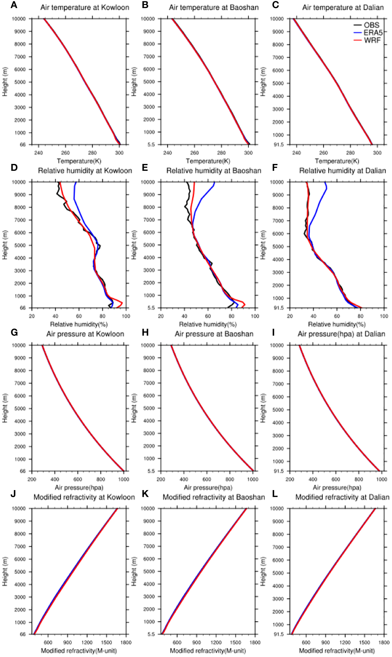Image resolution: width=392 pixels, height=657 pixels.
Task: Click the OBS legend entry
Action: click(371, 25)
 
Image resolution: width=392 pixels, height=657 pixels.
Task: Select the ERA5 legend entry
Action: click(373, 33)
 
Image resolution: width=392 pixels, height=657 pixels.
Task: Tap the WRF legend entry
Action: click(372, 41)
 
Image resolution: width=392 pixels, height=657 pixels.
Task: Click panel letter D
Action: click(14, 168)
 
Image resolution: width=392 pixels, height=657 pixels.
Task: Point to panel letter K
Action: click(145, 494)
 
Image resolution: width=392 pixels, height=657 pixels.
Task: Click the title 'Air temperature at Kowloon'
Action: click(85, 7)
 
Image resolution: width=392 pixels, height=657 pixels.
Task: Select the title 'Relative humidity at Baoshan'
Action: click(214, 171)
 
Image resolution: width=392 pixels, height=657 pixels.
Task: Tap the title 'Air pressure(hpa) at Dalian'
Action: click(341, 334)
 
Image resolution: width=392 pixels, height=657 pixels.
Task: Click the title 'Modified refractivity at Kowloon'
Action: click(84, 497)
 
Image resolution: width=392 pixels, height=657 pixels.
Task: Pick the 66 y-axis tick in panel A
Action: click(23, 145)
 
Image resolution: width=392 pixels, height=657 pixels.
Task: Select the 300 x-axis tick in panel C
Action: click(377, 153)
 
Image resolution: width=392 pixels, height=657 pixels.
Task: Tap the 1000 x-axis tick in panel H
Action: click(253, 479)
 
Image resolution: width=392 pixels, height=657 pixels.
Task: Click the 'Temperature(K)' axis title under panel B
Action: click(208, 161)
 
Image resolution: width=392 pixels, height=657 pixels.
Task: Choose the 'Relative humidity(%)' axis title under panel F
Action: click(337, 324)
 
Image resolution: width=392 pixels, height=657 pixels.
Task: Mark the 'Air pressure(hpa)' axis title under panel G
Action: click(79, 487)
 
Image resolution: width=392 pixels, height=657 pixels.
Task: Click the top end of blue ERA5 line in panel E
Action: click(214, 182)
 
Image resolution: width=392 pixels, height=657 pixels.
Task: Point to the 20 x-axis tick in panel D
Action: click(32, 316)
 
